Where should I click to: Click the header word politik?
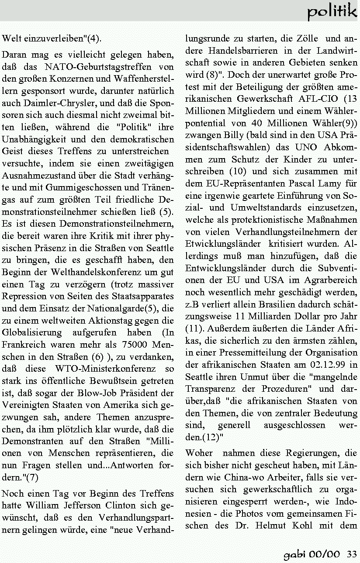click(x=332, y=11)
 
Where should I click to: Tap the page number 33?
click(x=352, y=555)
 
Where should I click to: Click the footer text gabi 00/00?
click(x=312, y=555)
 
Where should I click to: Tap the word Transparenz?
click(x=210, y=388)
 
